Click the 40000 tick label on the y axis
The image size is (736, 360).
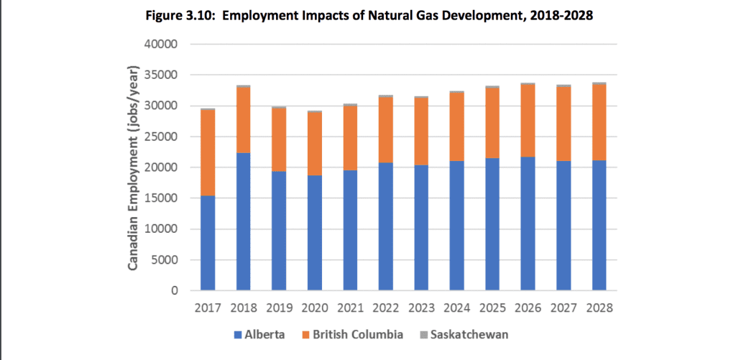tap(162, 45)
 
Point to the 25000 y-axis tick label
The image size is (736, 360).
tap(162, 137)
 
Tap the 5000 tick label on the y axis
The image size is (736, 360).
tap(165, 260)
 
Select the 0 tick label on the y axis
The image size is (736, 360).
tap(175, 291)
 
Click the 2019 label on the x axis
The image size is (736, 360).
tap(280, 308)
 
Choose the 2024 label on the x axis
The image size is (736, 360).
tap(457, 308)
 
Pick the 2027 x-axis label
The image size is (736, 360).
tap(563, 308)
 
